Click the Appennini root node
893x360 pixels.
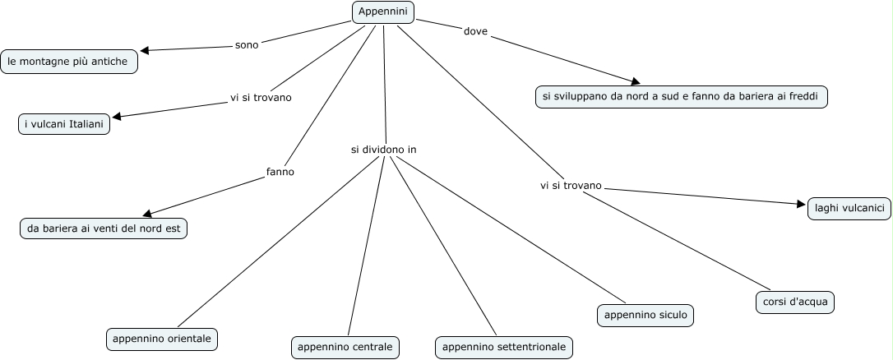pos(383,12)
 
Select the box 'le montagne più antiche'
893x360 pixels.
pos(68,61)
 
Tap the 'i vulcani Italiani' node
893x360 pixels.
pos(64,123)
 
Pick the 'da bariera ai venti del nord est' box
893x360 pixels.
pos(104,228)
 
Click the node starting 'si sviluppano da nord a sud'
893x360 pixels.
pos(681,96)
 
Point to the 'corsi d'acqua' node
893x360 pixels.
pos(795,302)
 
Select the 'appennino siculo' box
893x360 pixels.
pos(645,314)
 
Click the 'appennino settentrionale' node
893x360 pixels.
pos(504,347)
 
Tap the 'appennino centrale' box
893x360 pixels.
pos(345,347)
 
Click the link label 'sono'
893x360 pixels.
pos(247,44)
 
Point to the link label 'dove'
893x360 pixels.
pos(475,32)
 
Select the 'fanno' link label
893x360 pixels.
pos(280,172)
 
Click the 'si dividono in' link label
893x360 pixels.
pos(383,150)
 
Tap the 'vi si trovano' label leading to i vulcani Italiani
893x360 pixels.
pos(261,98)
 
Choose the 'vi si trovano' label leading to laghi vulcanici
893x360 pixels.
pos(571,186)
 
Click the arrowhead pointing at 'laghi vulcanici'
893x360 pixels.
pos(801,205)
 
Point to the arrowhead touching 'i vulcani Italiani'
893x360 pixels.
pos(117,116)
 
